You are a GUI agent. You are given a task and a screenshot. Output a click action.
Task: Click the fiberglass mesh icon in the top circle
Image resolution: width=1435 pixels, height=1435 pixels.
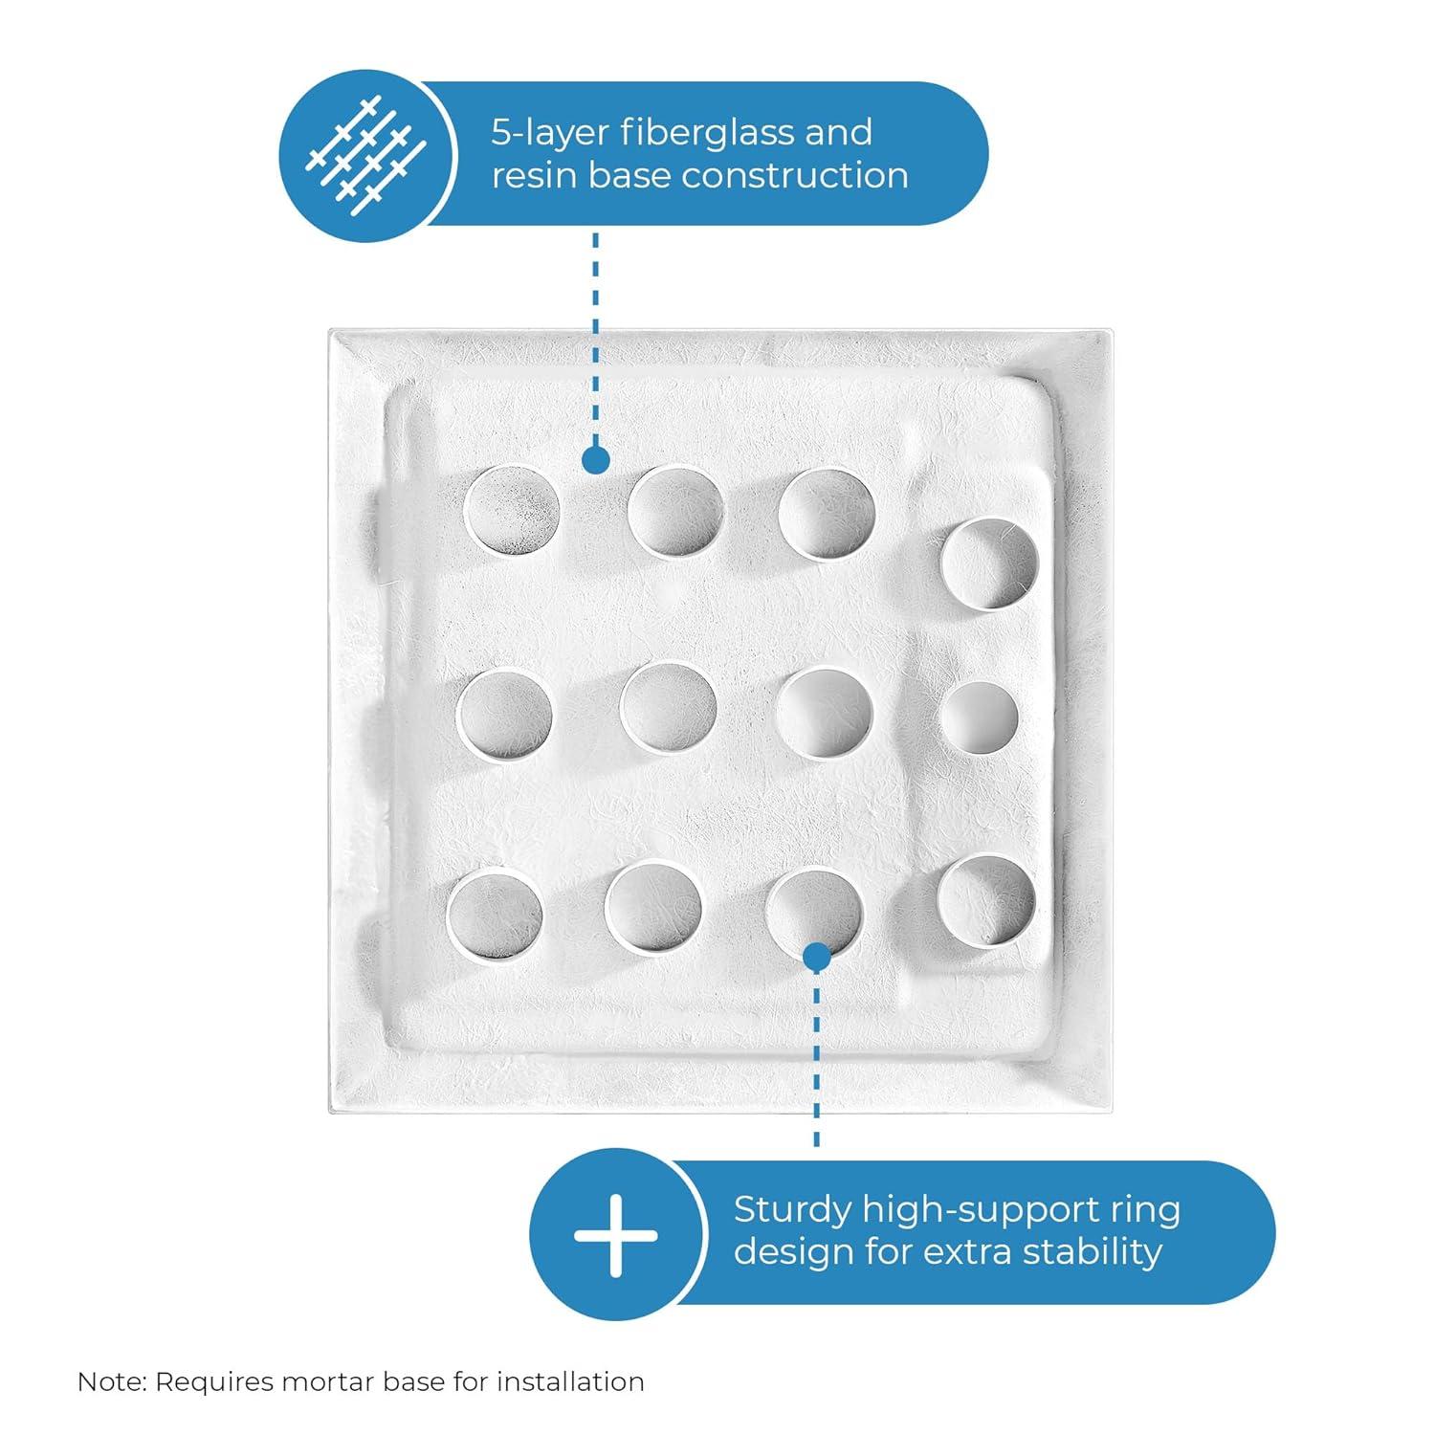click(364, 153)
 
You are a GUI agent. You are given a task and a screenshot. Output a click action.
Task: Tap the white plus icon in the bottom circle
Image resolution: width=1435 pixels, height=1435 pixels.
click(615, 1234)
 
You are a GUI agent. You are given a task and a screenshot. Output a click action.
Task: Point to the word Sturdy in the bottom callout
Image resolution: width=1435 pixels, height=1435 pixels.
click(791, 1211)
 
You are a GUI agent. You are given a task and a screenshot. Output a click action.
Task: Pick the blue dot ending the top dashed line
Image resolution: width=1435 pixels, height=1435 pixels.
click(595, 461)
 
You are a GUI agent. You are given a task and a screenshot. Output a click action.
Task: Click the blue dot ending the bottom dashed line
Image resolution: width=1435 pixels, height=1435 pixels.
click(816, 957)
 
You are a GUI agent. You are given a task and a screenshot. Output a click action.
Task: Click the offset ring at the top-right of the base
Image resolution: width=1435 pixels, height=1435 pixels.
click(990, 563)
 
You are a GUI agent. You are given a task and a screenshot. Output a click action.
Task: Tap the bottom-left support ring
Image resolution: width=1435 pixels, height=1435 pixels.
click(495, 912)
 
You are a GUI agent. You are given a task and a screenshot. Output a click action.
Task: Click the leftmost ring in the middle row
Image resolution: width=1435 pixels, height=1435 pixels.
click(504, 716)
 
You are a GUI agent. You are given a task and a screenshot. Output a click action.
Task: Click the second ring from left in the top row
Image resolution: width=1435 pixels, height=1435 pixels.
click(675, 512)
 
